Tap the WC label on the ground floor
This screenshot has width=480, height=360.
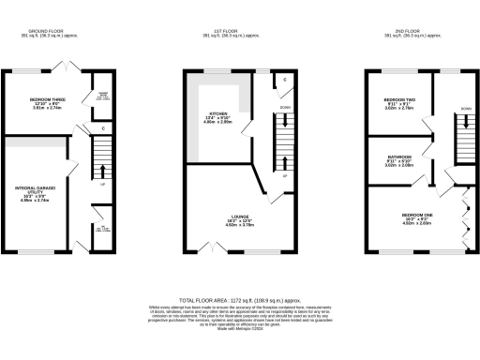pos(102,230)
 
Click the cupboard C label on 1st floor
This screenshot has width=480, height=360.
pos(284,81)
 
